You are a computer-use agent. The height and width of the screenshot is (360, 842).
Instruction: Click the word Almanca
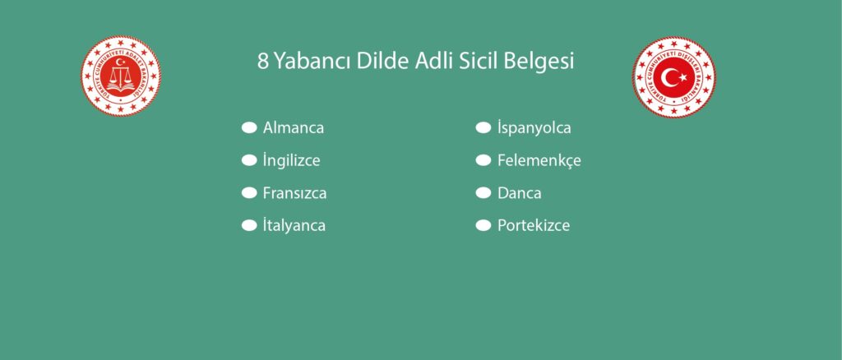[x=294, y=128]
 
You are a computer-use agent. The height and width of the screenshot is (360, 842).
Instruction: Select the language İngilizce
[x=292, y=160]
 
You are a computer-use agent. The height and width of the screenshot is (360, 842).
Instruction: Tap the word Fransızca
[x=295, y=193]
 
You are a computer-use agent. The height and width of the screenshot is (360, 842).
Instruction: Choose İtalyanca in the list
[x=294, y=225]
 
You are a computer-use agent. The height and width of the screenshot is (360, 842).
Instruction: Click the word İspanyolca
[x=534, y=128]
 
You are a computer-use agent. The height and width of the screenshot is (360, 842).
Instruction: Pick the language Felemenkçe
[x=539, y=160]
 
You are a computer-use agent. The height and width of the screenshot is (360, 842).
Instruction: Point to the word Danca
[x=520, y=193]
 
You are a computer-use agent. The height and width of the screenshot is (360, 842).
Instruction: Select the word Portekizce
[x=534, y=225]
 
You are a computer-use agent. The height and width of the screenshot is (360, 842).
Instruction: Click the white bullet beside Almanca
[x=249, y=128]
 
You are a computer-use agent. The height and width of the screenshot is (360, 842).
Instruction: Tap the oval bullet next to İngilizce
[x=249, y=160]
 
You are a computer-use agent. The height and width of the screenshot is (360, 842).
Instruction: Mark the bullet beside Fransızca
[x=249, y=193]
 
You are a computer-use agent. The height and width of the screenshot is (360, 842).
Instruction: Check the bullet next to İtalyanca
[x=249, y=225]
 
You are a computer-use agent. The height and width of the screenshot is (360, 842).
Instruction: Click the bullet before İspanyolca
[x=483, y=128]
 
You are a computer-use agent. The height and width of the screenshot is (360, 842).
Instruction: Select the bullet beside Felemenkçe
[x=483, y=160]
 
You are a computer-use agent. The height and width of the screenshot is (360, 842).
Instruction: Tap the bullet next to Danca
[x=483, y=193]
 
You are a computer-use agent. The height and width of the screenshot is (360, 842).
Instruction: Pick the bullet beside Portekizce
[x=483, y=225]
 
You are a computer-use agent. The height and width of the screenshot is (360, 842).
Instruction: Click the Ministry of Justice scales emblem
[x=121, y=76]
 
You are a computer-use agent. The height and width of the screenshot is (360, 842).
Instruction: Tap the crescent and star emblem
[x=674, y=77]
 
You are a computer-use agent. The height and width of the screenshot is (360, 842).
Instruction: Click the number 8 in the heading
[x=262, y=62]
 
